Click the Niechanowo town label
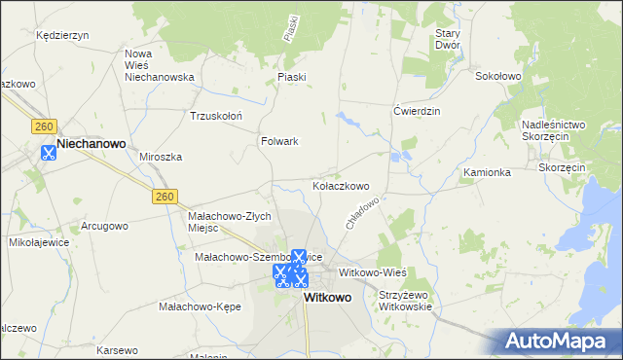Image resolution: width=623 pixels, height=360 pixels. pyautogui.click(x=92, y=143)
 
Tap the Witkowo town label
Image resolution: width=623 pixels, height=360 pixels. pyautogui.click(x=327, y=298)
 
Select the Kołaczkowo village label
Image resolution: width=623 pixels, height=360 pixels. pyautogui.click(x=340, y=186)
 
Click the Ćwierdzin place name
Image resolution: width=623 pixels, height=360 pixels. pyautogui.click(x=417, y=111)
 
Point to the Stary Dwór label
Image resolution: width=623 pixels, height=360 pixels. pyautogui.click(x=447, y=39)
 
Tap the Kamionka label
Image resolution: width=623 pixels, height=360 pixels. pyautogui.click(x=487, y=172)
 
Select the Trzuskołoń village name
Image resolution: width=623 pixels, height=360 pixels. pyautogui.click(x=215, y=115)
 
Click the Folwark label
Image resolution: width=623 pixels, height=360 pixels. pyautogui.click(x=279, y=141)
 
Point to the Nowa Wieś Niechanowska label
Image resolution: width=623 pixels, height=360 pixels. pyautogui.click(x=160, y=64)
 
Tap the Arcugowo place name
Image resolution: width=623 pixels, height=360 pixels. pyautogui.click(x=104, y=226)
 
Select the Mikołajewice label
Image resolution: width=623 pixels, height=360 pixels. pyautogui.click(x=35, y=241)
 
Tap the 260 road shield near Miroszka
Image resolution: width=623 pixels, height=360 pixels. pyautogui.click(x=165, y=197)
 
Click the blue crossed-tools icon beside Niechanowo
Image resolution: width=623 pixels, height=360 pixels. pyautogui.click(x=48, y=152)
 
